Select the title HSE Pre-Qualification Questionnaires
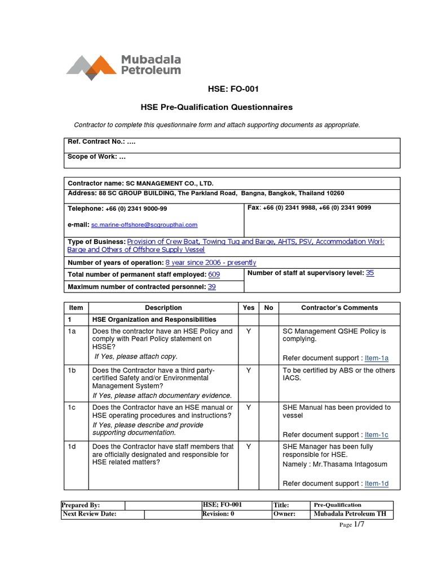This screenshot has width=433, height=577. pyautogui.click(x=216, y=106)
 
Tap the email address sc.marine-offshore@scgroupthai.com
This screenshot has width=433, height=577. pyautogui.click(x=144, y=224)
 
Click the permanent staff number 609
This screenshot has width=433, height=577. pyautogui.click(x=214, y=274)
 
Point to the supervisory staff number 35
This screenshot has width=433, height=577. pyautogui.click(x=370, y=272)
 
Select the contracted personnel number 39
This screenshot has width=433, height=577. pyautogui.click(x=212, y=286)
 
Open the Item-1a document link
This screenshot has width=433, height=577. pyautogui.click(x=377, y=358)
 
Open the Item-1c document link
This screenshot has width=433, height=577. pyautogui.click(x=377, y=434)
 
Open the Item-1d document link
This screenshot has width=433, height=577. pyautogui.click(x=377, y=483)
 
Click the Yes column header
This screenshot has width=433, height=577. pyautogui.click(x=248, y=308)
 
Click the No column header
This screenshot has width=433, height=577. pyautogui.click(x=268, y=308)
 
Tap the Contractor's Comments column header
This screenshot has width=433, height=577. pyautogui.click(x=339, y=308)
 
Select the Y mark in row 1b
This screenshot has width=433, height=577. pyautogui.click(x=248, y=371)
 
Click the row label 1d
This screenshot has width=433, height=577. pyautogui.click(x=73, y=447)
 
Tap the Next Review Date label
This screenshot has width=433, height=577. pyautogui.click(x=89, y=514)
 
